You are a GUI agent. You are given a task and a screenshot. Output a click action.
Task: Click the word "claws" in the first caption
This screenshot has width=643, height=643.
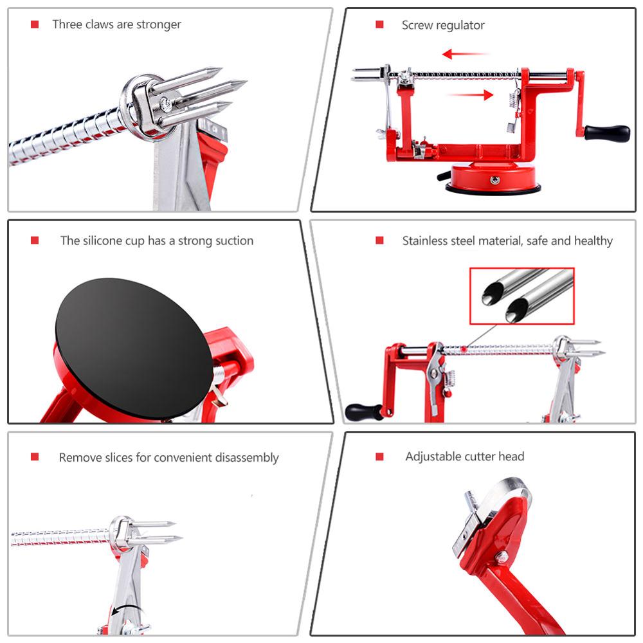coord(105,24)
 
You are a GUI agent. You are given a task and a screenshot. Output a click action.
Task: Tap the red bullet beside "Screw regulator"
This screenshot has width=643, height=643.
coord(379,24)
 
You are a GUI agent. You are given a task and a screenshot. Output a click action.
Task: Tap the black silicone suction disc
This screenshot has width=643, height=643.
coord(133,349)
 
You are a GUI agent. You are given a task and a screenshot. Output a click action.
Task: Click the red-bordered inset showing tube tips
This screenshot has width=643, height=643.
coord(521,296)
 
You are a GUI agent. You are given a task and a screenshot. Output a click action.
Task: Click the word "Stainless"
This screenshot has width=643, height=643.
coord(428,241)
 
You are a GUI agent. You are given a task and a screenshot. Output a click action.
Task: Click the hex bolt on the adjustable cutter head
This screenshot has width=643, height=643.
coord(502,557)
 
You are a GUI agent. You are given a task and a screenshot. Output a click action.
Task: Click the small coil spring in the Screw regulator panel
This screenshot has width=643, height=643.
coord(514,98)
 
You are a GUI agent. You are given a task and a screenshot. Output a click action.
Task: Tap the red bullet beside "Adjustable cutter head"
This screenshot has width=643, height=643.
coord(379,457)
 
